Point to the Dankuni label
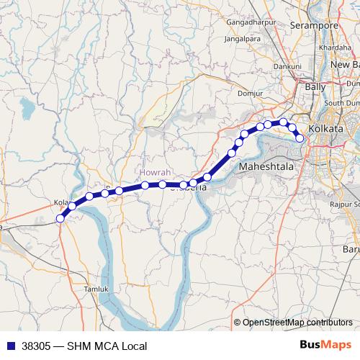287,66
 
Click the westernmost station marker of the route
60,219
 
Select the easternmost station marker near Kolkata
300,138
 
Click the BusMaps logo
325,345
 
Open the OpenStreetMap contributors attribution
297,323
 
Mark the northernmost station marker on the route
284,122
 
